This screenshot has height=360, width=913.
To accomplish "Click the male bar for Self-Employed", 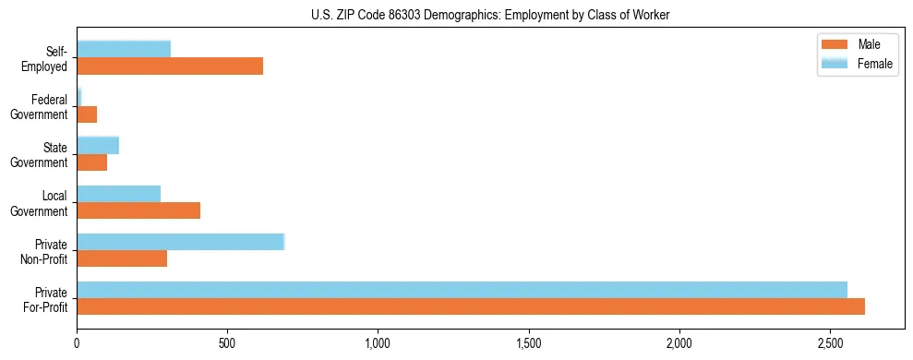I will (170, 66).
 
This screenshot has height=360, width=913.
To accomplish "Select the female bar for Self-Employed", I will (124, 49).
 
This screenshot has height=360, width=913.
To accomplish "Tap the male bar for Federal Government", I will (87, 114).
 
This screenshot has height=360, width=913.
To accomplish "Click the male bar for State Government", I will (92, 162).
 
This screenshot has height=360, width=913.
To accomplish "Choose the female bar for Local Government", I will (119, 193).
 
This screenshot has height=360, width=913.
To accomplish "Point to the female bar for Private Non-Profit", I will (181, 242).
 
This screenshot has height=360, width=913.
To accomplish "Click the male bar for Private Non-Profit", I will (122, 258).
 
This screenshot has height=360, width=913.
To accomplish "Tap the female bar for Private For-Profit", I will (462, 290).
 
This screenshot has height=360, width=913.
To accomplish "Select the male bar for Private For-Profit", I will (471, 306).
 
